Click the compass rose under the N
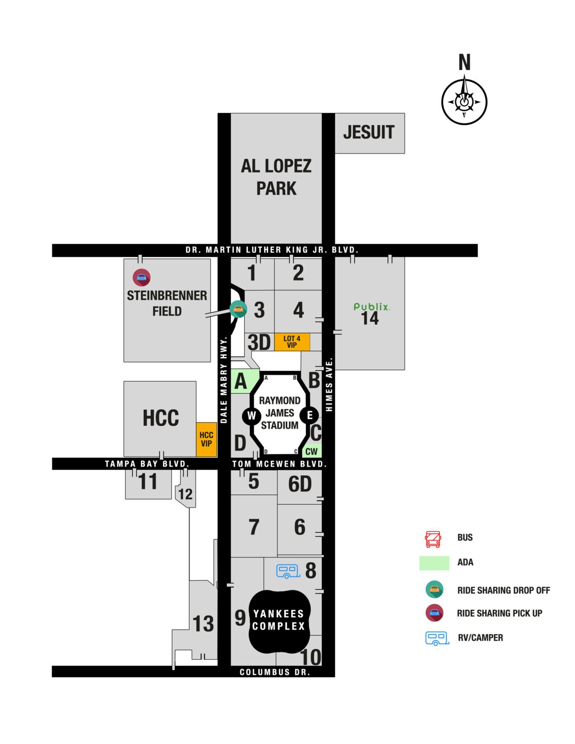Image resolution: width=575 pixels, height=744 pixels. (x=464, y=102)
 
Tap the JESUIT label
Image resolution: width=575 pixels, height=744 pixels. (x=369, y=132)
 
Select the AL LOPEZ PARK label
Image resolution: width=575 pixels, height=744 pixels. (x=276, y=177)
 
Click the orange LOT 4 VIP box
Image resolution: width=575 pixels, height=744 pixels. (x=292, y=342)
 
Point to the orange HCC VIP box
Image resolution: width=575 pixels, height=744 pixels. (x=206, y=439)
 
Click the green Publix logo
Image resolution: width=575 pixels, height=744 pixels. (x=371, y=307)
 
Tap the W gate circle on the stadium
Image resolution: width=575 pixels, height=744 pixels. (x=251, y=416)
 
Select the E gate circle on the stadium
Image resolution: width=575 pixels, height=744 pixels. (x=310, y=415)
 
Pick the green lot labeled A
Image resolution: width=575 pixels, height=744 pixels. (x=241, y=382)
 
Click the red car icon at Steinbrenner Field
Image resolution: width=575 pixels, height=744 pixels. (x=141, y=278)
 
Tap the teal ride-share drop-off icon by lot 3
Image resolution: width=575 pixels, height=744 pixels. (x=237, y=309)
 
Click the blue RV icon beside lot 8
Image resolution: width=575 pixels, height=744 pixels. (x=288, y=571)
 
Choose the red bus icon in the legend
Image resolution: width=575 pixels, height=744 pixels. (x=433, y=539)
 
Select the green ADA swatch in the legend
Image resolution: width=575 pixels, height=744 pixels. (x=434, y=563)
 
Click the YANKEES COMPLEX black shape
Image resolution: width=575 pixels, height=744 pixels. (x=279, y=620)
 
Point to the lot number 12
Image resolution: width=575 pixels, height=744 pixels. (x=186, y=494)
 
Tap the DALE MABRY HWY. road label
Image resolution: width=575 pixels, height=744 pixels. (x=224, y=381)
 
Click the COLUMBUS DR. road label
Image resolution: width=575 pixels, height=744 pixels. (x=275, y=672)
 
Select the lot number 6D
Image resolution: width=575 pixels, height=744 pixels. (x=300, y=484)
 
